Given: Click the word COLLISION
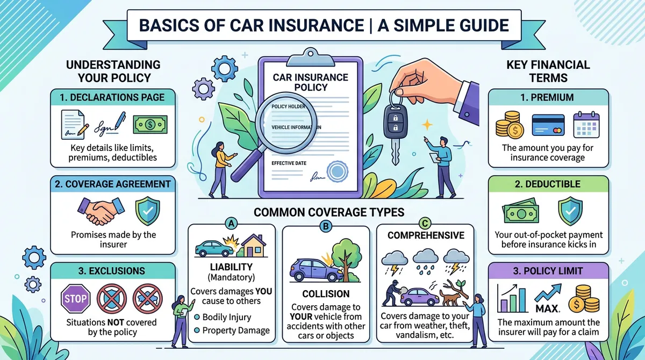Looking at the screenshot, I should pyautogui.click(x=326, y=294).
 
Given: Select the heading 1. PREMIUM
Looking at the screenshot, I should pyautogui.click(x=548, y=98).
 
